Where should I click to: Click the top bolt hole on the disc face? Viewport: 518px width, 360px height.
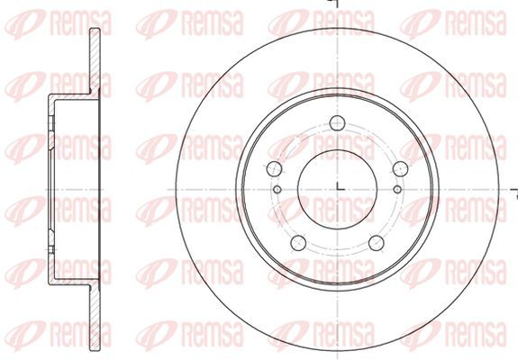coord(337,123)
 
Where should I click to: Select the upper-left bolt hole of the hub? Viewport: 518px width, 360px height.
coord(274,168)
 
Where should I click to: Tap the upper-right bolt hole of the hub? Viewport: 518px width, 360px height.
coord(400,168)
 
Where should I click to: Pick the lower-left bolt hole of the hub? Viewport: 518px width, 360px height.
coord(298,243)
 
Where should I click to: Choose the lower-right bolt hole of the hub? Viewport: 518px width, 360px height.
coord(377,243)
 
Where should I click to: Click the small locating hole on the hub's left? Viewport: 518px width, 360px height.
coord(277,189)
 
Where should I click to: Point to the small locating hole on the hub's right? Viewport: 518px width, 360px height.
coord(398,189)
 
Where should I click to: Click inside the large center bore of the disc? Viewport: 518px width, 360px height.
coord(337,189)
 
